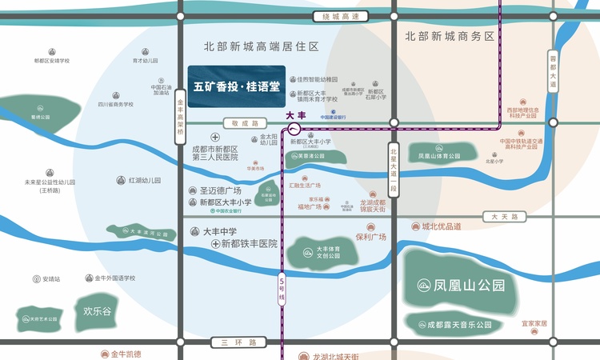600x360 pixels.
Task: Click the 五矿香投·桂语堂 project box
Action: click(x=237, y=86)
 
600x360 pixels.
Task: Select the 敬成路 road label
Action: click(x=246, y=123)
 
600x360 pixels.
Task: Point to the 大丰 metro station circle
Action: click(x=294, y=128)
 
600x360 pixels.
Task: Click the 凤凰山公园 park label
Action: click(x=462, y=285)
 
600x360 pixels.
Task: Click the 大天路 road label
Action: click(x=505, y=217)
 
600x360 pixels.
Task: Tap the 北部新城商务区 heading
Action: click(x=450, y=36)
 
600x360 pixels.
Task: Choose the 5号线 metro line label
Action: click(x=282, y=286)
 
